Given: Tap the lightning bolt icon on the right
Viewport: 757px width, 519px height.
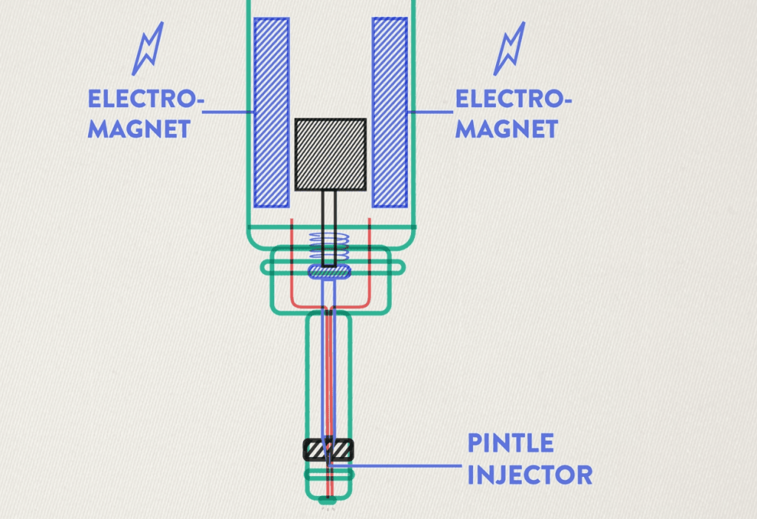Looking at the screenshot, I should click(509, 49).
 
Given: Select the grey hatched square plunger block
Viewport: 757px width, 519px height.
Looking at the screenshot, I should click(330, 153).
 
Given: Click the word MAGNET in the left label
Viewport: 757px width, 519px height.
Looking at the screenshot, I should click(138, 129).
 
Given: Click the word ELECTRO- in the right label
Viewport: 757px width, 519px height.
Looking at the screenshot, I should click(513, 98).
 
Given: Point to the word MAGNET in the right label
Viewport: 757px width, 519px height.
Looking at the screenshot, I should click(506, 129).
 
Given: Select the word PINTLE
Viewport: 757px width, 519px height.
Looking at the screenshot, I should click(511, 443).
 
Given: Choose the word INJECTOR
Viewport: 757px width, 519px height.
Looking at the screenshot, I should click(529, 475).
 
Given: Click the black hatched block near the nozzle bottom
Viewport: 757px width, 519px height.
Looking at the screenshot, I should click(329, 449).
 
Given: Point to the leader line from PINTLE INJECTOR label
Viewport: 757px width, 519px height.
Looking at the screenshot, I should click(399, 466).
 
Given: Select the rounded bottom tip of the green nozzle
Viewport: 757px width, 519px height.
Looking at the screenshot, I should click(328, 499).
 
